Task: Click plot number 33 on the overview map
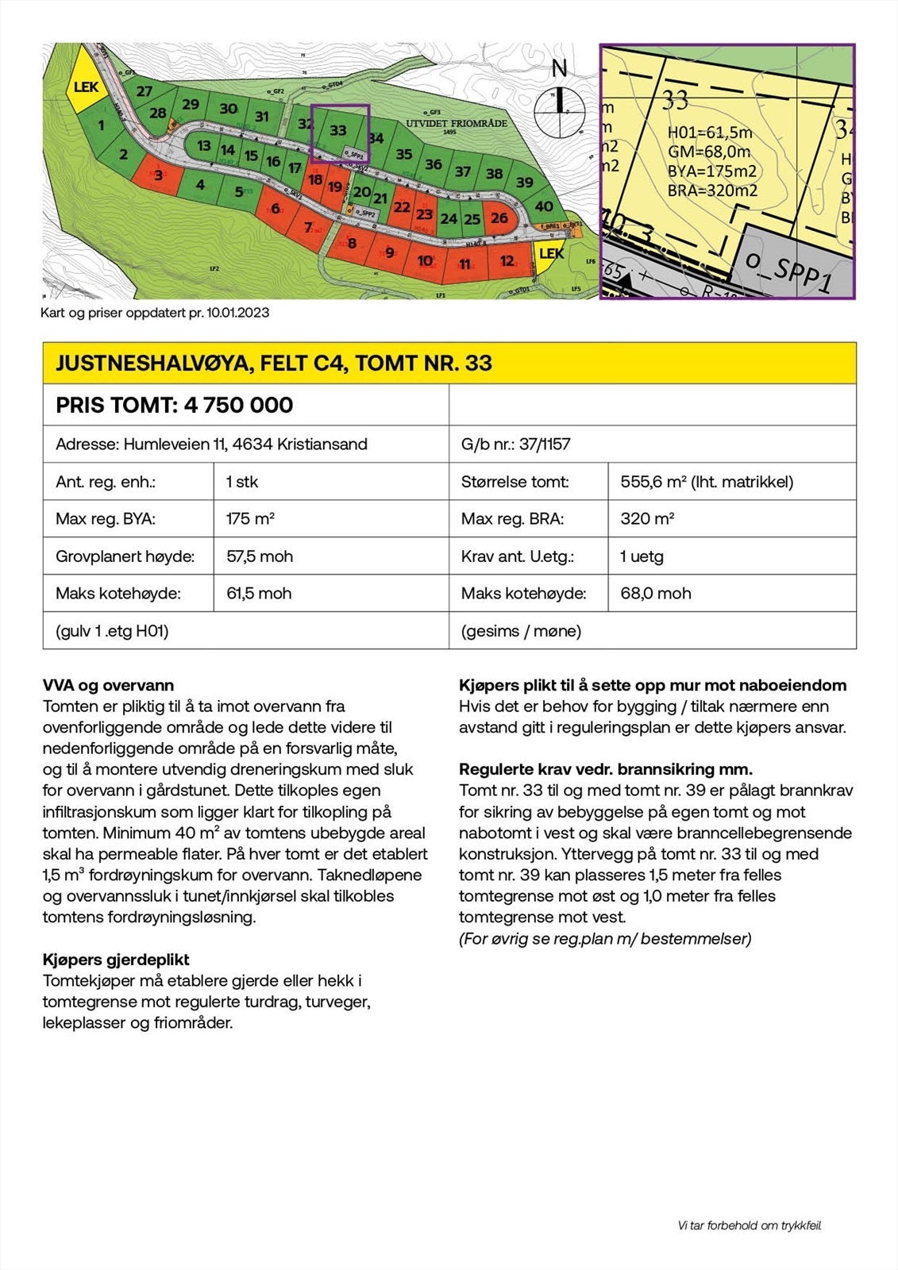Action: tap(338, 130)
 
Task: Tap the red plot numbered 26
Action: tap(499, 217)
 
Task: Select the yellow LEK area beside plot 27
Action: tap(85, 87)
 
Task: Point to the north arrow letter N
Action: tap(559, 69)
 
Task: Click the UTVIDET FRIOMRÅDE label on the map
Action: tap(456, 124)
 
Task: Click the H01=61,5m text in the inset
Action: tap(709, 133)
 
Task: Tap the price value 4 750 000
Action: tap(238, 405)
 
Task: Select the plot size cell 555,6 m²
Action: tap(707, 481)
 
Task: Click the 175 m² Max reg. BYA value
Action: tap(250, 519)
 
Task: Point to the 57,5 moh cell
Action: tap(260, 556)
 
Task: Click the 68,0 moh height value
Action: tap(655, 594)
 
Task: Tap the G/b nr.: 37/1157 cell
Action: tap(515, 444)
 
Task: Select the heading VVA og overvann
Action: tap(108, 685)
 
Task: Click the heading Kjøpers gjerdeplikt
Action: tap(116, 960)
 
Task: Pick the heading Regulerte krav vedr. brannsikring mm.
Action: tap(606, 769)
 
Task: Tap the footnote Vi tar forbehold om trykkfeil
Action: tap(750, 1226)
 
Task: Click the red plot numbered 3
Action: tap(158, 175)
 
